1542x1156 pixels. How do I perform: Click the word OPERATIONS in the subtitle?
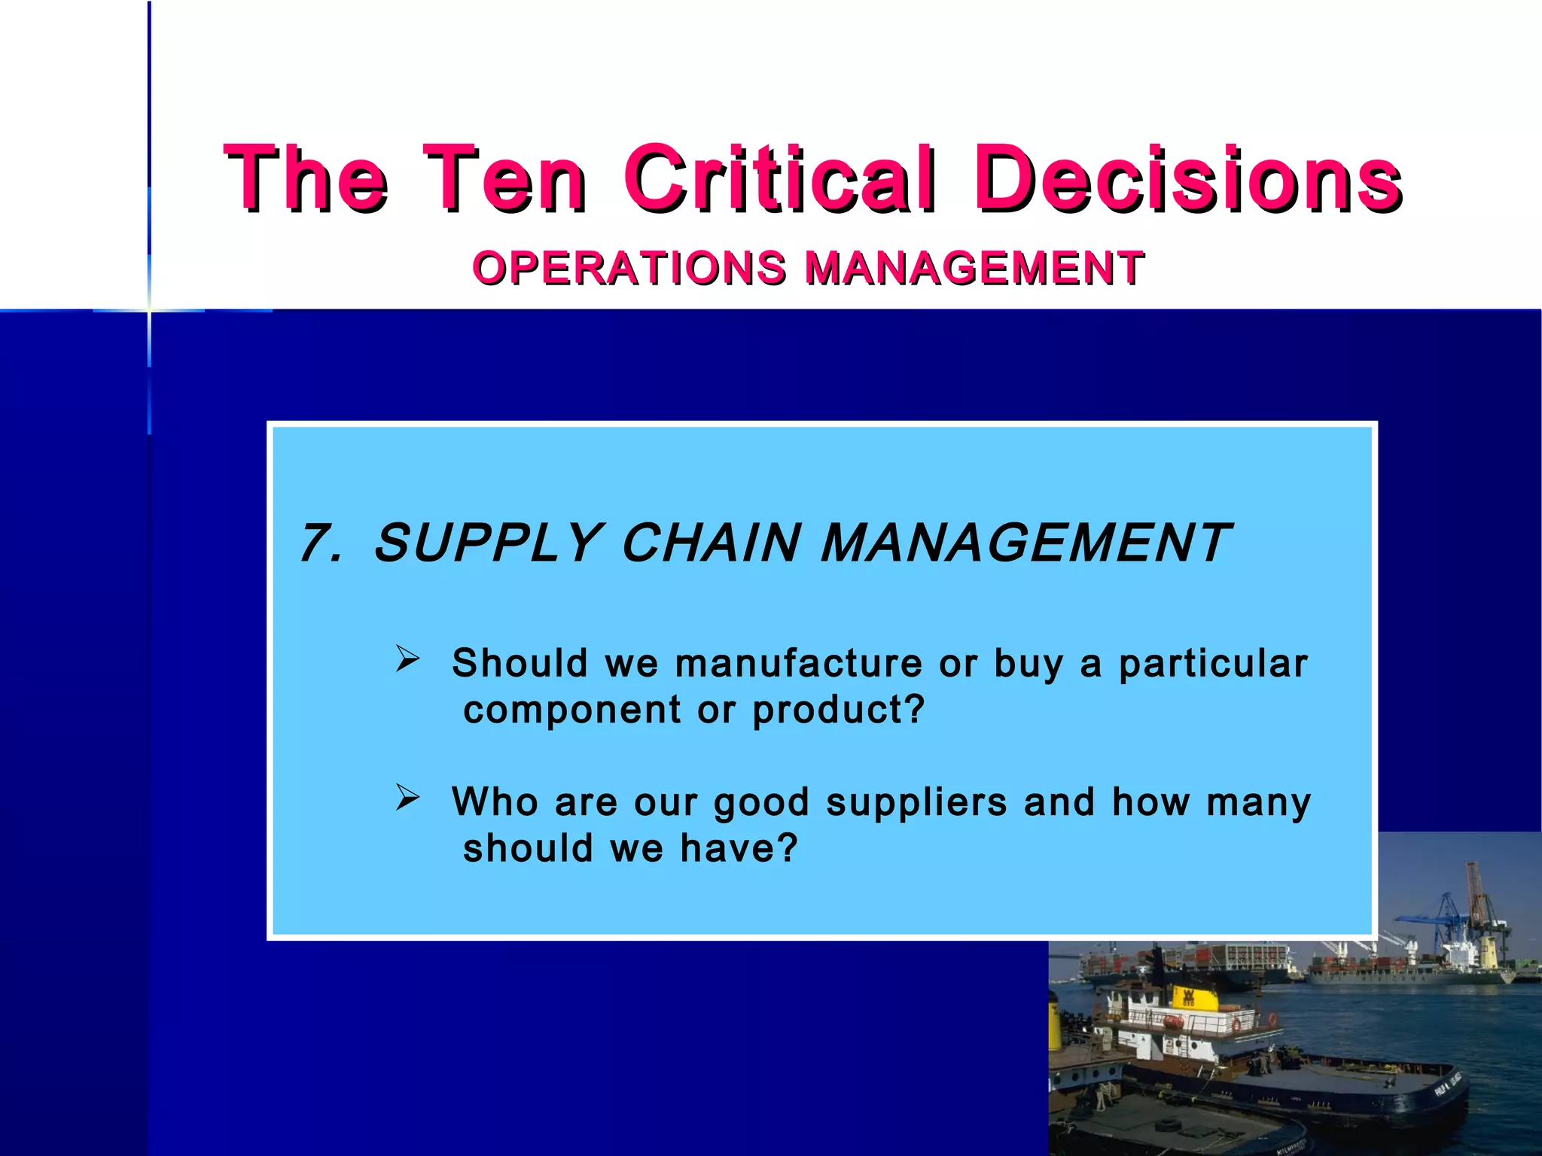click(x=629, y=268)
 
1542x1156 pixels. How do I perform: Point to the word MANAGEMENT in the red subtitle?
click(x=974, y=268)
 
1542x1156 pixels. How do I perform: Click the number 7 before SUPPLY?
click(x=318, y=543)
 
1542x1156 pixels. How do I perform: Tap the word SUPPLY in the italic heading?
click(x=486, y=543)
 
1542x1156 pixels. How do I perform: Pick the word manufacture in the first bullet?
click(x=798, y=664)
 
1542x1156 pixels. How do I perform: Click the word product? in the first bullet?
click(x=838, y=710)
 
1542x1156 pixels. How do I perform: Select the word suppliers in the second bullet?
click(x=916, y=802)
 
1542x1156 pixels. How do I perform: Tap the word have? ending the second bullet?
click(x=739, y=849)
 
